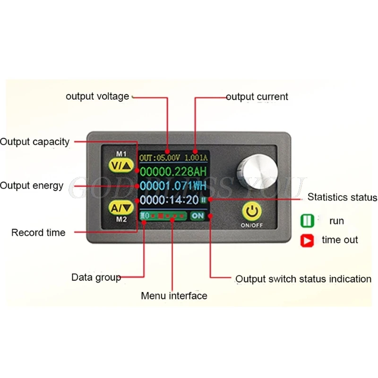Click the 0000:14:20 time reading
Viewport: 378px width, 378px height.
point(169,200)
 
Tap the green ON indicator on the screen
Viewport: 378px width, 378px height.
point(198,216)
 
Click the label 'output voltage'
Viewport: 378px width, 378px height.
point(97,96)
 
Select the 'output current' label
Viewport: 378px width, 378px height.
point(257,97)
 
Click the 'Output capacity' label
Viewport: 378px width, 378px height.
point(35,141)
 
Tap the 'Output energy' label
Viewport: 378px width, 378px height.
point(32,186)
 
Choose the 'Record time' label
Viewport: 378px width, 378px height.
point(38,232)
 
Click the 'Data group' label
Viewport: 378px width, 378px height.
point(96,277)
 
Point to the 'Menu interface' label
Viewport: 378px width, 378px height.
point(174,296)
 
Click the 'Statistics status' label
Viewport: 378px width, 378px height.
point(342,197)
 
